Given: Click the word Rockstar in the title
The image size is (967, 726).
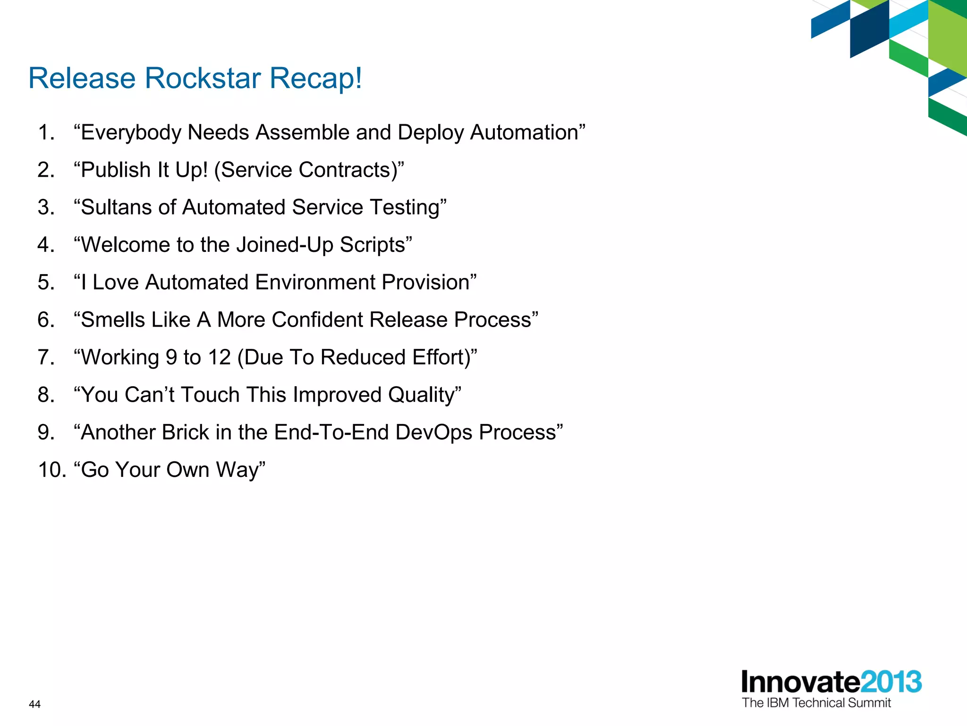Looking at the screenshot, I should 203,78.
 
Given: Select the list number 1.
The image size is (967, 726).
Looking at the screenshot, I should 46,132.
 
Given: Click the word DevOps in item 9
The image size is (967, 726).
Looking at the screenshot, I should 433,432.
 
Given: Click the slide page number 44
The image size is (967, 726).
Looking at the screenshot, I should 35,704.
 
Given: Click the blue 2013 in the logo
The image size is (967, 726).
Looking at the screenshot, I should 891,682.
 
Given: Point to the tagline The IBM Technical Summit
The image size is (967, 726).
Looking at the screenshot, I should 816,703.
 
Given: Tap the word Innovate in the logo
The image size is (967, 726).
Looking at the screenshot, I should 800,682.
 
